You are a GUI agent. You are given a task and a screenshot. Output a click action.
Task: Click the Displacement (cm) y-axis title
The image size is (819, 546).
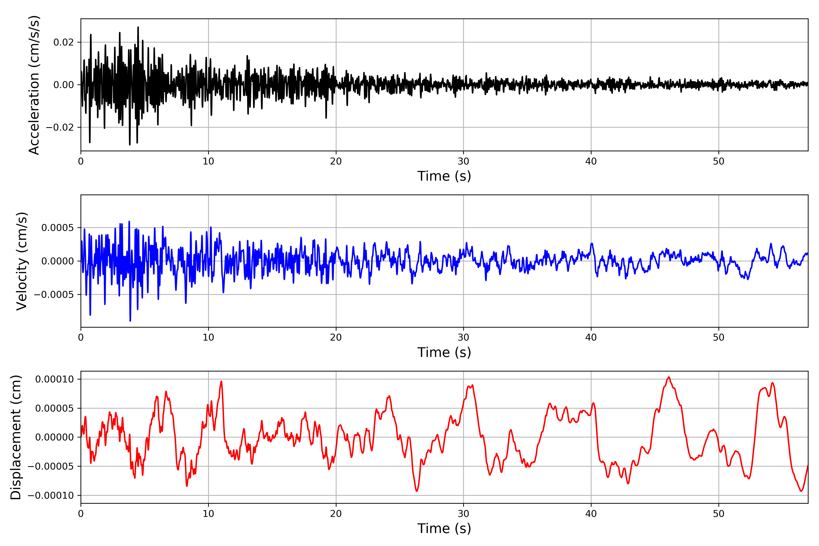16,437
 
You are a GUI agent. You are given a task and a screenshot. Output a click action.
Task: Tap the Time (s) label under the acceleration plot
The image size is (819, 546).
444,176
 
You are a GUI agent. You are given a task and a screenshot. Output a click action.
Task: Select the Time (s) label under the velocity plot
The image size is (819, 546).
444,352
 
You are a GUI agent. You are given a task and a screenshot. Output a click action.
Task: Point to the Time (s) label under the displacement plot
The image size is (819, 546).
444,528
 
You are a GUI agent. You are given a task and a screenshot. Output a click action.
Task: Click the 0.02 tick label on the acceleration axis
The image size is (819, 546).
63,43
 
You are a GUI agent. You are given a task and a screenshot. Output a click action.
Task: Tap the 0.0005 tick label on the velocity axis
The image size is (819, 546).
58,228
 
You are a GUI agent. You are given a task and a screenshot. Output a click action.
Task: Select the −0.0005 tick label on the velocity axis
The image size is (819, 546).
54,295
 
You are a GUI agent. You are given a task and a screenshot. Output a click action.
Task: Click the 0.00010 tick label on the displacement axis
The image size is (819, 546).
55,379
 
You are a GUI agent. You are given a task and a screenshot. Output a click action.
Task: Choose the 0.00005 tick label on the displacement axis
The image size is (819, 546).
55,408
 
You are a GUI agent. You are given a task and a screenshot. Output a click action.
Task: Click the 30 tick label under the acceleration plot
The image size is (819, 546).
463,162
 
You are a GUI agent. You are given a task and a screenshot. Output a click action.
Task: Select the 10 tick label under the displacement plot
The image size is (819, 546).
208,514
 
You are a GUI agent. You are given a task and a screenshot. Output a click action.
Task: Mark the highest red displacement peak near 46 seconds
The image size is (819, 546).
669,377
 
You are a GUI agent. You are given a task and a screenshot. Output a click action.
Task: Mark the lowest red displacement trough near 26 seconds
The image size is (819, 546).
417,491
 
